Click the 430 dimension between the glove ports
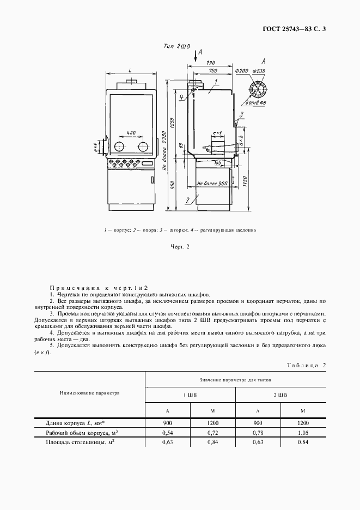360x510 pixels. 131,133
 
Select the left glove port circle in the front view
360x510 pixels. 118,147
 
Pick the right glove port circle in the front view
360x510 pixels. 143,147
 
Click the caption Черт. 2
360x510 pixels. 180,247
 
